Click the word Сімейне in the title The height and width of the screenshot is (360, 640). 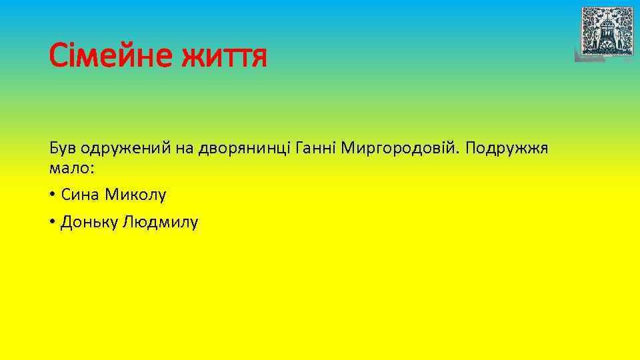[x=106, y=56]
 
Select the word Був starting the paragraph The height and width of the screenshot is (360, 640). [x=62, y=147]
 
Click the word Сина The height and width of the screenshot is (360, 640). [x=77, y=195]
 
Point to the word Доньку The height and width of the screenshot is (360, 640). [x=88, y=222]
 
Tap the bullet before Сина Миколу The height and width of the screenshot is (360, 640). [x=52, y=195]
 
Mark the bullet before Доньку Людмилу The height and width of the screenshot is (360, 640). [x=52, y=222]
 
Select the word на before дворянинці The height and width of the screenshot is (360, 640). [x=185, y=148]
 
